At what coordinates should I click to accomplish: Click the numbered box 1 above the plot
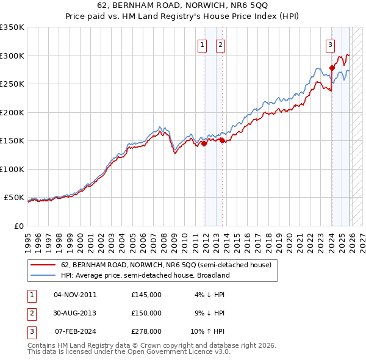(202, 44)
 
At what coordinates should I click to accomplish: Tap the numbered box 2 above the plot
(220, 44)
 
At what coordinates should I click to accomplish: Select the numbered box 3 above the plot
(330, 44)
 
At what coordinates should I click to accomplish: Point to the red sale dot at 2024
(332, 68)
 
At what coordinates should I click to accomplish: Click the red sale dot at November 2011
(204, 143)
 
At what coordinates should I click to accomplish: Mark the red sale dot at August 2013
(222, 140)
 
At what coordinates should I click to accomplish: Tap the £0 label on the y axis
(18, 226)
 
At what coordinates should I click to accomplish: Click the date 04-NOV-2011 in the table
(75, 295)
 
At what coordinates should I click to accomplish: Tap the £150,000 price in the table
(146, 313)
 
